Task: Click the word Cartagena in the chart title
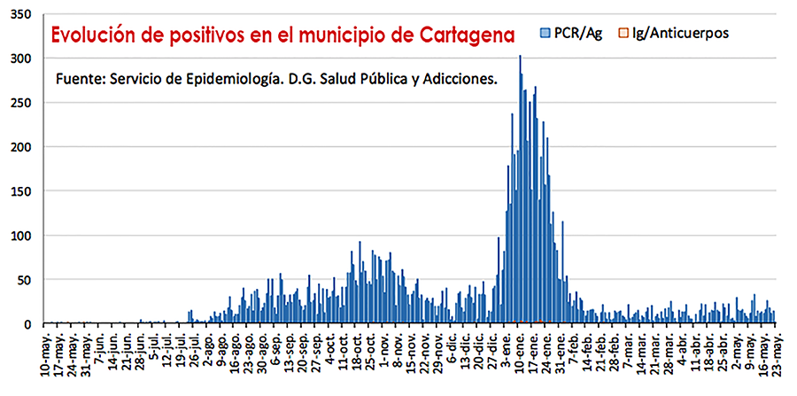(460, 35)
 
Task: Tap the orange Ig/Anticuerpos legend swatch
(623, 33)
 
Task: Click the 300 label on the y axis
(19, 58)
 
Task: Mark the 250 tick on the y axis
(19, 103)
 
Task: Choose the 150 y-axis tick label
(19, 191)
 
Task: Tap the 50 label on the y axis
(23, 280)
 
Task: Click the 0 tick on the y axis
(27, 324)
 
